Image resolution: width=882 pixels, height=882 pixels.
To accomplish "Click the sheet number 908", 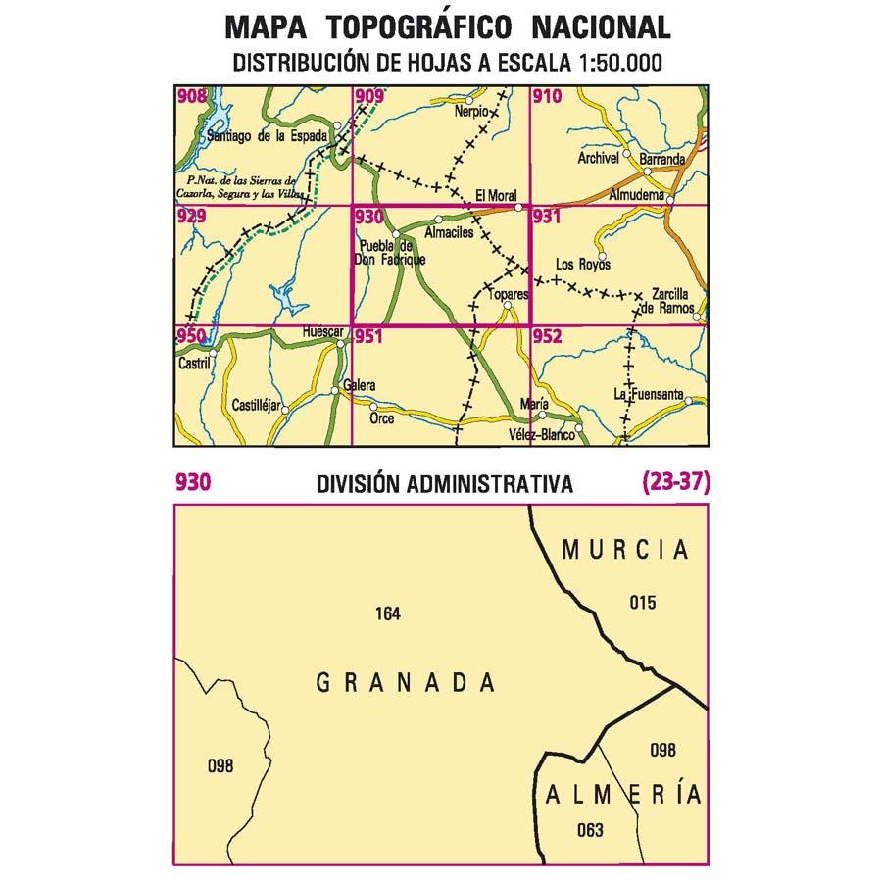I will [192, 96].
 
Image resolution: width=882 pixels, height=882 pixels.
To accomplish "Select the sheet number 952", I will [549, 336].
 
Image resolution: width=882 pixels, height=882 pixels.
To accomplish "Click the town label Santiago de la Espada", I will [266, 138].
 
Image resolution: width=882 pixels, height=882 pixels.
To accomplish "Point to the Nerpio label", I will [471, 112].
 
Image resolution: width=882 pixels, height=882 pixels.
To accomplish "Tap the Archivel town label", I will [599, 158].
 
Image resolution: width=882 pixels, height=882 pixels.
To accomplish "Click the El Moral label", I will [496, 196].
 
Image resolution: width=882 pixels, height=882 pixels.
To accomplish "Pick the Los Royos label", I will [582, 265].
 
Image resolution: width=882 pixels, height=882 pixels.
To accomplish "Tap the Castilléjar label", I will [257, 405].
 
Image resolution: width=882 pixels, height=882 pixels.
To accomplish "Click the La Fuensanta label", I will [648, 394].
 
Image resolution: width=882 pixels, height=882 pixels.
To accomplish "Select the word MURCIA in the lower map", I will [625, 550].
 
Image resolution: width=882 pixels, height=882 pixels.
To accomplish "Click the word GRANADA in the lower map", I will [407, 682].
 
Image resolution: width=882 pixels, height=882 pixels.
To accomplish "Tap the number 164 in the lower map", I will [388, 614].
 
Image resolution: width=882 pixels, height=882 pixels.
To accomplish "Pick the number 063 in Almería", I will [590, 831].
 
